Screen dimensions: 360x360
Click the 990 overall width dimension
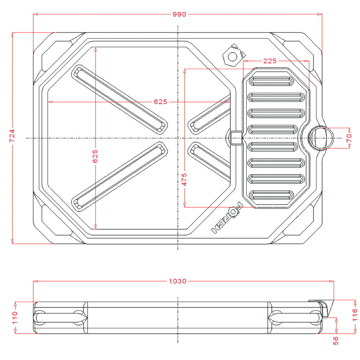(179, 14)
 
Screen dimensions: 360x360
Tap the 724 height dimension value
(12, 137)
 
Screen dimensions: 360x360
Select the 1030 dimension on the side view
(177, 281)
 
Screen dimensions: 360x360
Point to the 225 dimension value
(270, 61)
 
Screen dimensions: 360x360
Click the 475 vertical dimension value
(184, 179)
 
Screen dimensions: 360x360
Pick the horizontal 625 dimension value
(161, 102)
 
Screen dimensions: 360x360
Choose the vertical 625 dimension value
(95, 156)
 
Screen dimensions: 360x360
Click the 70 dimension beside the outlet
(348, 138)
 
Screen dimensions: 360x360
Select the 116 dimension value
(355, 315)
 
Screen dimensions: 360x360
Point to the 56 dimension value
(336, 340)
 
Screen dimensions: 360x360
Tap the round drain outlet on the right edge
(320, 138)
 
